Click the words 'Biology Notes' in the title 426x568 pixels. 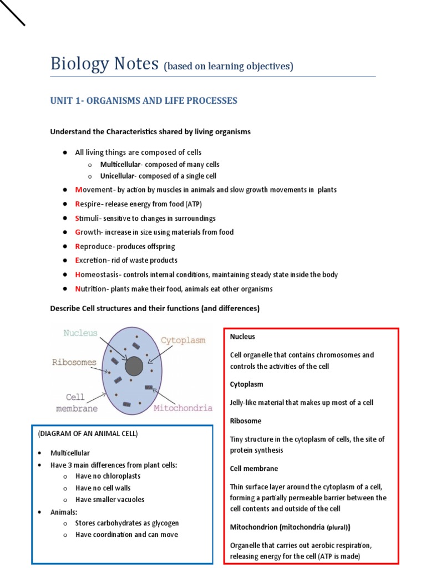104,64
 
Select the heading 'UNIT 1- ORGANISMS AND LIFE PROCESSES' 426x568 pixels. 144,100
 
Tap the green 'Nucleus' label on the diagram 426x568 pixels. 80,333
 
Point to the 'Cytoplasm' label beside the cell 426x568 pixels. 183,340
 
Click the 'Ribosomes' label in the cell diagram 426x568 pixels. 74,362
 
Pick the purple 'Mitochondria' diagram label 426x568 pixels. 182,408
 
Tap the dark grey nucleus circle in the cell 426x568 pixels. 134,366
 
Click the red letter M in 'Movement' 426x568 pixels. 78,190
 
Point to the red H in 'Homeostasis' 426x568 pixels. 78,275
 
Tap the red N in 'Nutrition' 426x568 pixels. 78,289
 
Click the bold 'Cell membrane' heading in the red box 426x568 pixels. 254,469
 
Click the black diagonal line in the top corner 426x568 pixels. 13,13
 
